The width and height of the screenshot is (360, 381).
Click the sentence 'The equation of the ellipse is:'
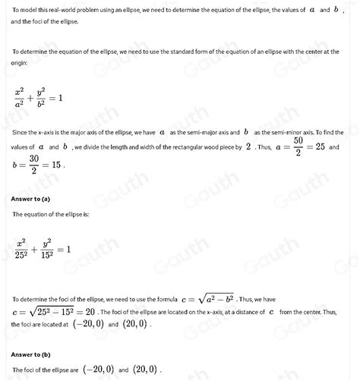click(x=52, y=215)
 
